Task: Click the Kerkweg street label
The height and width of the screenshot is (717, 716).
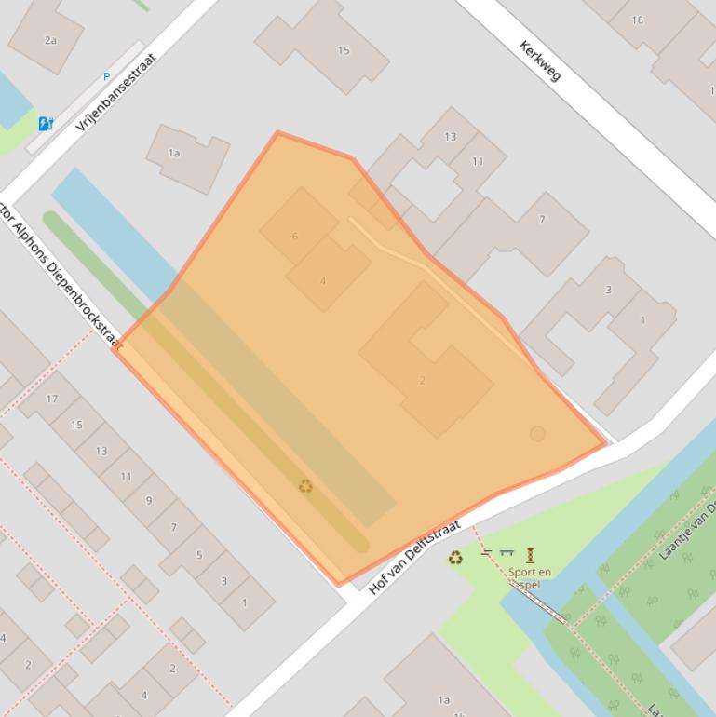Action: click(x=541, y=61)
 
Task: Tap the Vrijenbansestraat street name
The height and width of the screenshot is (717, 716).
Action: click(x=116, y=91)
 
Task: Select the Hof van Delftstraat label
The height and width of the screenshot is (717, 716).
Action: click(x=414, y=558)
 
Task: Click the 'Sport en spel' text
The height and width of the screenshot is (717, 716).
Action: click(x=531, y=578)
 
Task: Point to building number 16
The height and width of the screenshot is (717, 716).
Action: click(x=637, y=20)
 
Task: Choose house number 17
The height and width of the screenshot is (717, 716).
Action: click(x=52, y=399)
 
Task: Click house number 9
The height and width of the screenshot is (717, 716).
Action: click(x=148, y=501)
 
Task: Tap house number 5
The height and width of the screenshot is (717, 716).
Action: click(x=198, y=555)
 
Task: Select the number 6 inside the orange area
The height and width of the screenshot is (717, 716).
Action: click(x=295, y=237)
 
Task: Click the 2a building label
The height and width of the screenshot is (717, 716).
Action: click(x=50, y=40)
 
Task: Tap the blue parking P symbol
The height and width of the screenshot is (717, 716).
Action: click(x=106, y=77)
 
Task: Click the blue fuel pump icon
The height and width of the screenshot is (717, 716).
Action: click(x=45, y=123)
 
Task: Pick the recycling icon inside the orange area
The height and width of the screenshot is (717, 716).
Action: click(x=305, y=486)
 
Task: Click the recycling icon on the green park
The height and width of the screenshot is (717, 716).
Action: click(x=455, y=558)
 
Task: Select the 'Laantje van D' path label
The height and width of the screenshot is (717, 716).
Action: click(x=687, y=532)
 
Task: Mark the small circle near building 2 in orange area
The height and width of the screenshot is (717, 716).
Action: click(x=537, y=434)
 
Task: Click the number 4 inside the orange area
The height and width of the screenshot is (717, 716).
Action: click(x=323, y=280)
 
